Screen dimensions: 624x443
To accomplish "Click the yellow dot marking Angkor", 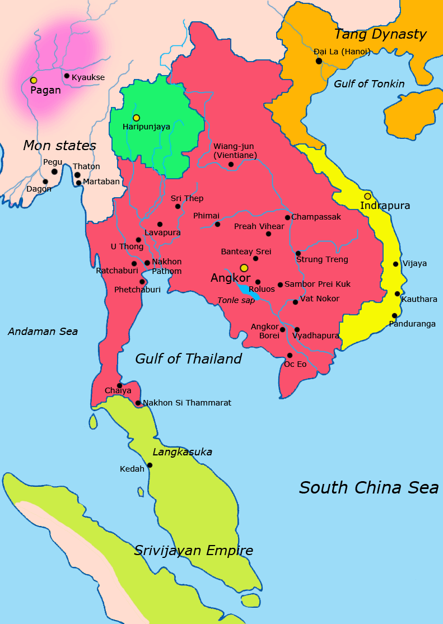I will tap(244, 268).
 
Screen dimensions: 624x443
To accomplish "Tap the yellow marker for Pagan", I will tap(34, 81).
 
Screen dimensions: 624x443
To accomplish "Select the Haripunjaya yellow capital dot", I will tap(136, 118).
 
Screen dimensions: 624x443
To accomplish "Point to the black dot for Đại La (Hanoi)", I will tap(319, 60).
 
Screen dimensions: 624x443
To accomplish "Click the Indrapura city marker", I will tap(367, 196).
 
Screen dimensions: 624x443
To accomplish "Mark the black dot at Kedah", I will tap(150, 465).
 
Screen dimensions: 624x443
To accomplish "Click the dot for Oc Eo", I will tap(290, 355).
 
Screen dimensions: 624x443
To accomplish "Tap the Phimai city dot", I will tap(217, 224).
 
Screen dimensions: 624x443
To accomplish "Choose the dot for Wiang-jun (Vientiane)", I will tap(231, 164).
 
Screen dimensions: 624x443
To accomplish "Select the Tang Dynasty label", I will tap(380, 34).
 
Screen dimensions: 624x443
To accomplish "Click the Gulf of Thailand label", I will tap(188, 358).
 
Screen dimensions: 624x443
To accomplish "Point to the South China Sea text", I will tap(369, 487).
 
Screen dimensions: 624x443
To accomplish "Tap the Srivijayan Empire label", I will tap(193, 551).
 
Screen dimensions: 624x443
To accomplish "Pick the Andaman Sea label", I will tap(43, 332).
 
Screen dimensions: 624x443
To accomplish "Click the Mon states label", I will tap(59, 146).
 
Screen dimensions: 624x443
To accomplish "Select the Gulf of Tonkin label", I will tap(369, 84).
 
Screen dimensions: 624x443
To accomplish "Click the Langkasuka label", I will tap(182, 451).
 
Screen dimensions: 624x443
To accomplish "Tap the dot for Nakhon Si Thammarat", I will tap(138, 403).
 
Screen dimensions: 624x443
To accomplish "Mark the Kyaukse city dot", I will tap(67, 76).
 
